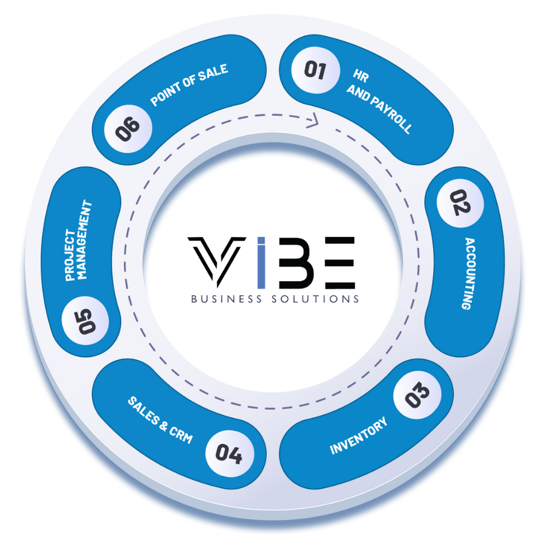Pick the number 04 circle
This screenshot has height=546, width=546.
(228, 453)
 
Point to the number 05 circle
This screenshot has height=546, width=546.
(85, 321)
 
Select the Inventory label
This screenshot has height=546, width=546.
(359, 436)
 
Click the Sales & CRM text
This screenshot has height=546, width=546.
(161, 419)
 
